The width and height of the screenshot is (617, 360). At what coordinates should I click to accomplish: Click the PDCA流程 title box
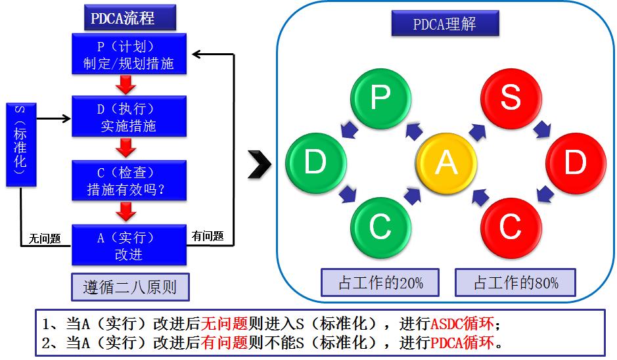click(x=129, y=18)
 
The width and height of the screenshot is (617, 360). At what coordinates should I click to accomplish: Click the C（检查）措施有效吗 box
click(x=129, y=181)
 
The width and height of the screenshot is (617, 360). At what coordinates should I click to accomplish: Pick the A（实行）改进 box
click(x=129, y=245)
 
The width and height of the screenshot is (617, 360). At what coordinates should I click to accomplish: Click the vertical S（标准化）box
click(x=20, y=144)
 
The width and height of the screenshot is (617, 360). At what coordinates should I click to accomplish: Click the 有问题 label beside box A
click(x=207, y=236)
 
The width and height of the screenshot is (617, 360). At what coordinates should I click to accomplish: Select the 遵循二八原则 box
click(x=129, y=287)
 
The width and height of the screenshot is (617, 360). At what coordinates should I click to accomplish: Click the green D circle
click(x=315, y=162)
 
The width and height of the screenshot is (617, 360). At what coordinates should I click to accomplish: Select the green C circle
click(x=380, y=227)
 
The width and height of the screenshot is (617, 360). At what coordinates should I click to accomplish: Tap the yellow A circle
click(x=446, y=162)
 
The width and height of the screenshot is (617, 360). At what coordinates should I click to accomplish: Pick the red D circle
click(x=575, y=162)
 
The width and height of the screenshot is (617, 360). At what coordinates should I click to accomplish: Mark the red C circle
click(x=510, y=227)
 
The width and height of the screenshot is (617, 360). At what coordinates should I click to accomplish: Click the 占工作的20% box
click(x=380, y=283)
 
